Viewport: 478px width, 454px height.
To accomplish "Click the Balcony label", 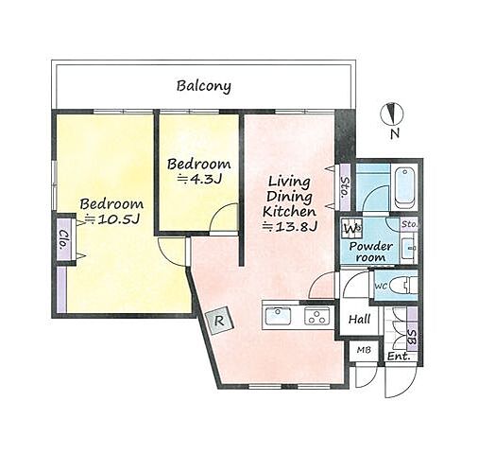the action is pos(203,86).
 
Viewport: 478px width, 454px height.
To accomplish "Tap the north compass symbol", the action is pos(392,113).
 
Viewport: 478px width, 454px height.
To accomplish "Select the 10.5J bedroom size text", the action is pos(113,219).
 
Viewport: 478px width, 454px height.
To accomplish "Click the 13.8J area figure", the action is pos(289,227).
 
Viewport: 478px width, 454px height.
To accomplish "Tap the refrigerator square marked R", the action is pos(219,321).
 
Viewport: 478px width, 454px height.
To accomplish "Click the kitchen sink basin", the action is pos(278,316).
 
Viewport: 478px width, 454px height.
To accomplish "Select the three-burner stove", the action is pos(316,316).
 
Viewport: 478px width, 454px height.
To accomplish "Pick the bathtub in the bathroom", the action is pos(404,188).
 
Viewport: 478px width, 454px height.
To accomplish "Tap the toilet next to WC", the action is pos(403,286).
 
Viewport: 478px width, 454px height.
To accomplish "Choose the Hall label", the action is pos(359,320).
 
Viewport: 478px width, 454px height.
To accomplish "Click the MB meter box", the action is pos(364,350).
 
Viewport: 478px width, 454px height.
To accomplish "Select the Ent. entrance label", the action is pos(399,357).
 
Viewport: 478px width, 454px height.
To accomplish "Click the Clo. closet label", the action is pos(64,239).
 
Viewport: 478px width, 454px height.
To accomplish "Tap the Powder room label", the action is pos(371,252).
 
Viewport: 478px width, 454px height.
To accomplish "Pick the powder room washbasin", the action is pos(411,248).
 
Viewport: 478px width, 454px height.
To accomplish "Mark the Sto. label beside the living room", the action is pos(346,187).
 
